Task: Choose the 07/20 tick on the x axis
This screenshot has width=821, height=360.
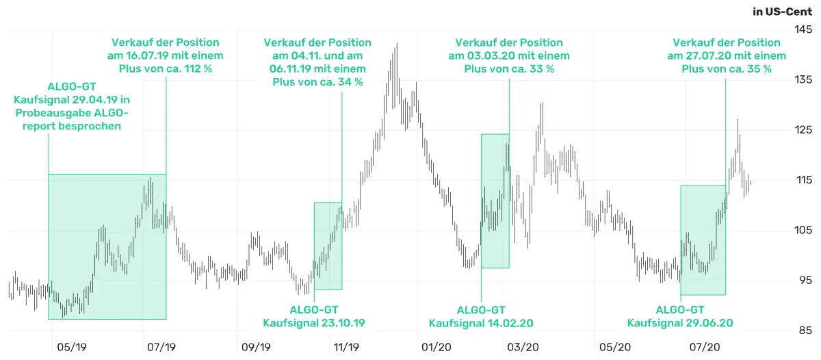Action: [x=704, y=348]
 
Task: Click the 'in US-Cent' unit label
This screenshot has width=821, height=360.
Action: [x=781, y=12]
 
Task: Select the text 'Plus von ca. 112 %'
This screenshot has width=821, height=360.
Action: [x=166, y=69]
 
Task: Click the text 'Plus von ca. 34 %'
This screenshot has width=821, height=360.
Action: [x=317, y=82]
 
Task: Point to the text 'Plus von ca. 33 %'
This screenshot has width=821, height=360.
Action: [x=509, y=69]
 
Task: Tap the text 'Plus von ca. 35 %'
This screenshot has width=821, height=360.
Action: [x=727, y=69]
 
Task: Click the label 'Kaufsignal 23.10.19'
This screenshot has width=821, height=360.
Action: [x=314, y=323]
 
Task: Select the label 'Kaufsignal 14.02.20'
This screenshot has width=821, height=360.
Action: [x=481, y=323]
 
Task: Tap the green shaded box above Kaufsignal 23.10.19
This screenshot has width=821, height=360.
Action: [x=328, y=246]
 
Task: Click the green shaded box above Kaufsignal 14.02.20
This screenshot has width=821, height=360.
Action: [x=495, y=201]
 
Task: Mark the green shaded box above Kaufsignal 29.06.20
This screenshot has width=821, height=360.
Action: [x=703, y=240]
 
